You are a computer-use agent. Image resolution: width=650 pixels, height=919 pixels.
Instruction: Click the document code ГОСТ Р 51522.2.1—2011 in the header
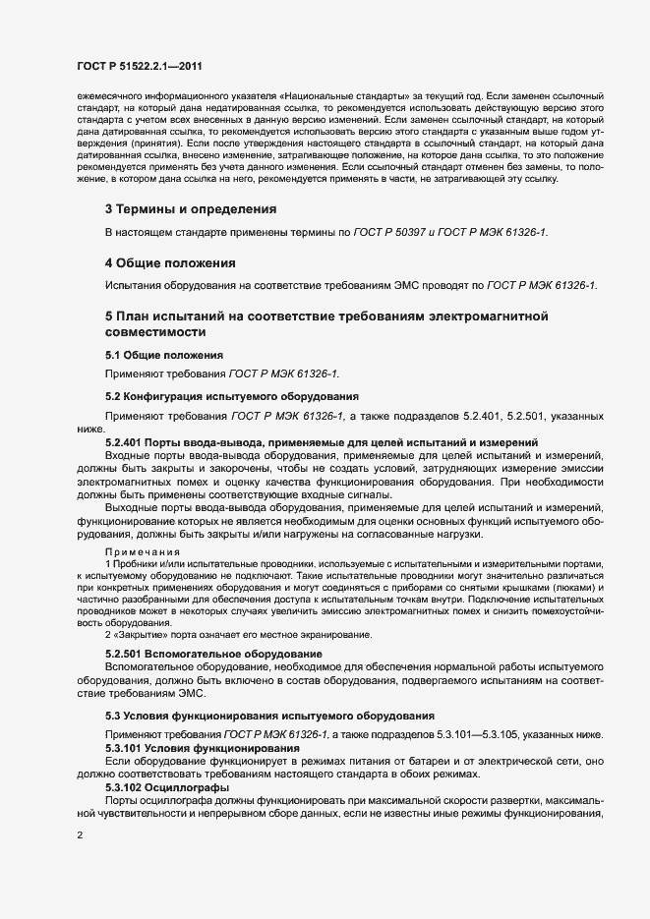coord(141,66)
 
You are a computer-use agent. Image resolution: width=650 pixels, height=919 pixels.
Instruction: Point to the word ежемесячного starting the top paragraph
coord(103,97)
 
